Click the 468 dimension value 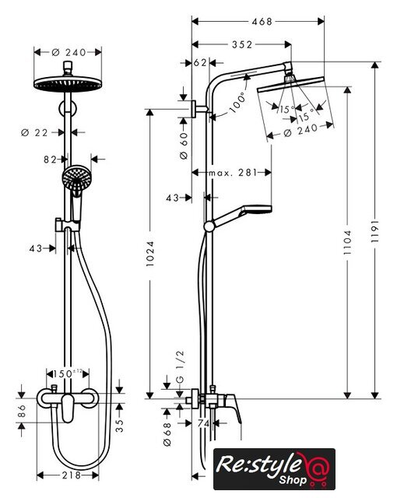point(262,22)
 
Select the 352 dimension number point(242,44)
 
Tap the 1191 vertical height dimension point(375,230)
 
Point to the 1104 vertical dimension point(348,242)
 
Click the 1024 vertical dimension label point(150,253)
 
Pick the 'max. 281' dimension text point(233,173)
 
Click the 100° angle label point(237,102)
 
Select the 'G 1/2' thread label point(180,366)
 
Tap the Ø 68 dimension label point(167,434)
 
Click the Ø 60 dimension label point(184,146)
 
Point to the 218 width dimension point(72,475)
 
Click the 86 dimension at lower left point(22,411)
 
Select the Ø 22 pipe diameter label point(34,132)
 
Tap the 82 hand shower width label point(50,159)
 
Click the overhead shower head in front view point(68,84)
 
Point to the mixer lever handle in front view point(68,408)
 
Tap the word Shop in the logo point(293,479)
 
